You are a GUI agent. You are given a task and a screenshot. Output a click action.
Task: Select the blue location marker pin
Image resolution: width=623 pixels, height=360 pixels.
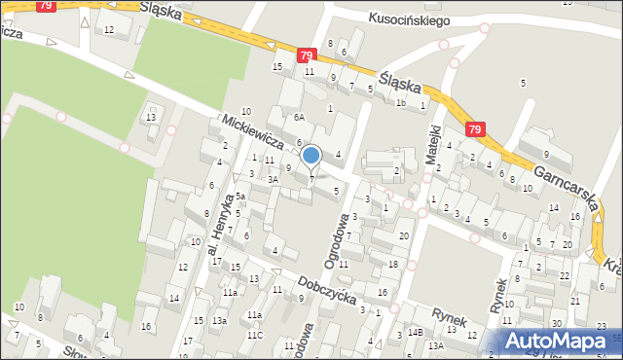(x=311, y=156)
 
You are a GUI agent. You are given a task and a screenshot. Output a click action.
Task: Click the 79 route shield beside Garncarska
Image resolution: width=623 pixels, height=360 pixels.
(x=475, y=129)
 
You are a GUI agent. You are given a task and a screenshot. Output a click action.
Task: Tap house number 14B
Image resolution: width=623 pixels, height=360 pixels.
(x=415, y=333)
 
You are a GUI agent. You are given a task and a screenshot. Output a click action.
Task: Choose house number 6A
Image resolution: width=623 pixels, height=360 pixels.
(x=300, y=117)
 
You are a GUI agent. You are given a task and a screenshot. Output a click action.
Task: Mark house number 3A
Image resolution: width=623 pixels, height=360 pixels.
(x=274, y=179)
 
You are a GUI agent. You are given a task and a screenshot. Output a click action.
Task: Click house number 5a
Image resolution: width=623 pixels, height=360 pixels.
(x=238, y=197)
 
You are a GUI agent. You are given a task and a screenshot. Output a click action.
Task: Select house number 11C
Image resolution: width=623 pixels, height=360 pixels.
(x=254, y=335)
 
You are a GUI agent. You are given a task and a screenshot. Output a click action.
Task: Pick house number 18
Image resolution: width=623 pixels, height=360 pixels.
(x=393, y=265)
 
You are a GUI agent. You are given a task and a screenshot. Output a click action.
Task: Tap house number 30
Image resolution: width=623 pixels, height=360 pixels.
(x=557, y=323)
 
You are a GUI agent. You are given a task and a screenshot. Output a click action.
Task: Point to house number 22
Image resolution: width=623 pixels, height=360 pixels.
(x=565, y=275)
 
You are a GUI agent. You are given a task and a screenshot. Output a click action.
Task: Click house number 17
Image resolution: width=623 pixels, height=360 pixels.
(x=216, y=261)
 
